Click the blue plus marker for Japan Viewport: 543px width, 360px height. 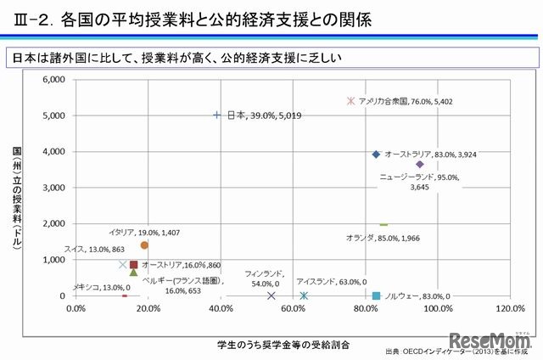pyautogui.click(x=217, y=115)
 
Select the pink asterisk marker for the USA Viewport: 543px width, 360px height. pyautogui.click(x=351, y=100)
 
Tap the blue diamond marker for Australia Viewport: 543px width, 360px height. pyautogui.click(x=376, y=155)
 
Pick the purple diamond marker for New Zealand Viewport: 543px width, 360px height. pyautogui.click(x=419, y=164)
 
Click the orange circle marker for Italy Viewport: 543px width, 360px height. pyautogui.click(x=144, y=245)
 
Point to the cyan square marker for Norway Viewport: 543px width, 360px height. pyautogui.click(x=376, y=295)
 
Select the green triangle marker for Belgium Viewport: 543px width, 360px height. pyautogui.click(x=133, y=272)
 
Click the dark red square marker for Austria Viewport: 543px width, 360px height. pyautogui.click(x=133, y=265)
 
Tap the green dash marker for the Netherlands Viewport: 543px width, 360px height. pyautogui.click(x=383, y=224)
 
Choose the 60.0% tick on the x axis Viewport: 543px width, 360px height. pyautogui.click(x=293, y=308)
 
